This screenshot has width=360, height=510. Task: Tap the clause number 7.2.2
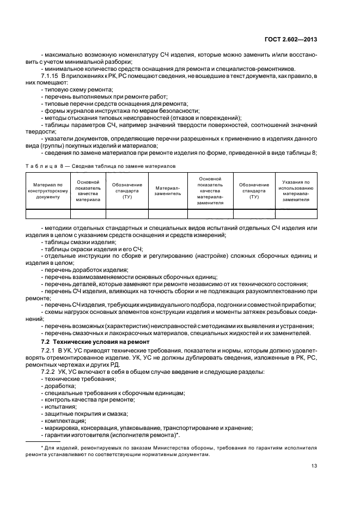[49, 371]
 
